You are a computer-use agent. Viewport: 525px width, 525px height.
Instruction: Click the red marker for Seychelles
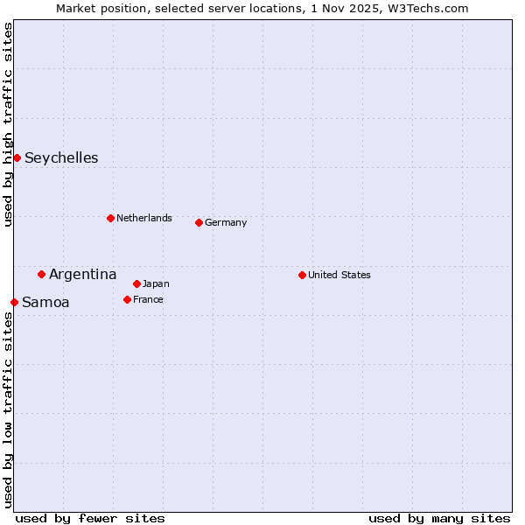(x=17, y=157)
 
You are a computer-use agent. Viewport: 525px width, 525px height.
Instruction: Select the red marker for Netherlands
(x=110, y=218)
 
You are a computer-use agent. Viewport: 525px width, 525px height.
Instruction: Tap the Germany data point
(x=199, y=222)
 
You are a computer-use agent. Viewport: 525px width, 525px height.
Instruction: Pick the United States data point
(x=302, y=275)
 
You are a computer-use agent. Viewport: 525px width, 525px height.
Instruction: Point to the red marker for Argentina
(x=41, y=274)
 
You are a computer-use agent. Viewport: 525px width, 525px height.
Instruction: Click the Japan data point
(x=136, y=283)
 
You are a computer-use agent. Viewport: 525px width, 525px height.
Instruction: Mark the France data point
(x=127, y=299)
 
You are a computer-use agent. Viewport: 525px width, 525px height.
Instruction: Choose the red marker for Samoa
(x=14, y=302)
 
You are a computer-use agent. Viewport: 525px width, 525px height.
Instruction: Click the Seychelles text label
(x=61, y=158)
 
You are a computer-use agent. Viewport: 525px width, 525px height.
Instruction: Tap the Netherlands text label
(x=144, y=218)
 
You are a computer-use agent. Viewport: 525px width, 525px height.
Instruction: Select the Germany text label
(x=226, y=222)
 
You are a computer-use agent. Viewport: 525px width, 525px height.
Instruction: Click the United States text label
(x=339, y=275)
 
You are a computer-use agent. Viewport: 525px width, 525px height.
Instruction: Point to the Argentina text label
(x=82, y=275)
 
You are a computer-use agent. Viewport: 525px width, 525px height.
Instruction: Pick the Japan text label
(x=156, y=283)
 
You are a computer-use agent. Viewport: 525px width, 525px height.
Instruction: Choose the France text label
(x=148, y=299)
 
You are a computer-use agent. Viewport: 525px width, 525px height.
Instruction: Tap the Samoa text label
(x=45, y=303)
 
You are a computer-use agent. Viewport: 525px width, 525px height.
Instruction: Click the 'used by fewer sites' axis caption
(x=90, y=518)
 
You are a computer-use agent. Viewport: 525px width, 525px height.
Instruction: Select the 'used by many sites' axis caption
(x=439, y=518)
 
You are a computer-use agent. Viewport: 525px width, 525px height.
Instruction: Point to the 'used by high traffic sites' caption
(x=8, y=124)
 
